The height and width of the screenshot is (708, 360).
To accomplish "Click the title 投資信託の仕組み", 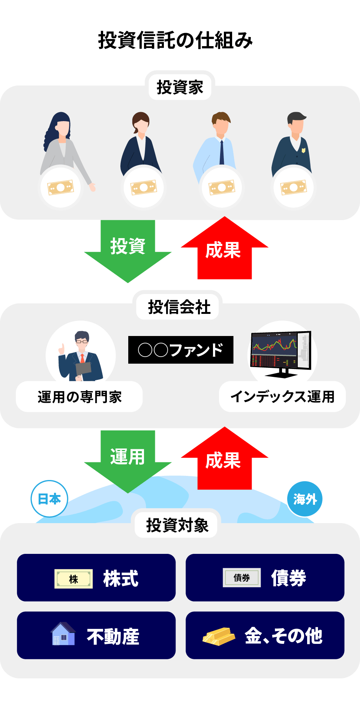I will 175,40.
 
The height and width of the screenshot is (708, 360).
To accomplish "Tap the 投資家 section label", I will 180,87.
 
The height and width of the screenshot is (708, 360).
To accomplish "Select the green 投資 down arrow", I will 127,249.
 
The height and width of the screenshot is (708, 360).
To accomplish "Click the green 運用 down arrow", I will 127,459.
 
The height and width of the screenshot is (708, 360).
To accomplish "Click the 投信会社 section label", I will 179,307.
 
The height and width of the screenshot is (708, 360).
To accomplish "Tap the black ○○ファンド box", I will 181,350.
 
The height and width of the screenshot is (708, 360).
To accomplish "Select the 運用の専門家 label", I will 79,397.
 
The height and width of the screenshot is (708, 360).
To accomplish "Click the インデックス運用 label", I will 282,397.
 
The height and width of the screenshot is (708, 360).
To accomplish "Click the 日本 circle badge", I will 49,499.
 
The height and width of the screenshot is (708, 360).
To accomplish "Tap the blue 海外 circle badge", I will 305,499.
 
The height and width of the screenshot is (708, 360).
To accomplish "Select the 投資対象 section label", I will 177,525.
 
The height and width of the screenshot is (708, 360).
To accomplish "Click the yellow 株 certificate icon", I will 73,579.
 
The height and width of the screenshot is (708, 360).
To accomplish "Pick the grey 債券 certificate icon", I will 242,577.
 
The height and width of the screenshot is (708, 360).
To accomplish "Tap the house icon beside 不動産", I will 63,634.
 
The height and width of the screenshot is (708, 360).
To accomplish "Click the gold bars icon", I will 219,636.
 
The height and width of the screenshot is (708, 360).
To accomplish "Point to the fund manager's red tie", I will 82,358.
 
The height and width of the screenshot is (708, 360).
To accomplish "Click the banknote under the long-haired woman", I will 61,187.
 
